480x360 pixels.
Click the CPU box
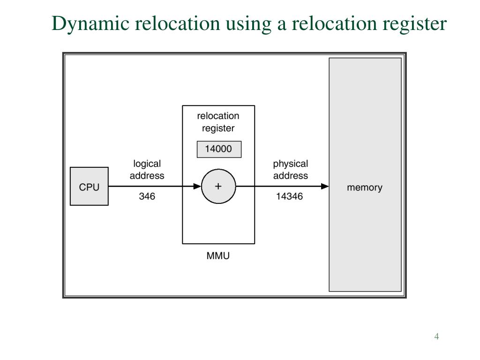tap(89, 187)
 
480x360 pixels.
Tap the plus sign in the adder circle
tap(218, 186)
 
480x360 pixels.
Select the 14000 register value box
tap(218, 150)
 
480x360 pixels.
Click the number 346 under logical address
tap(147, 196)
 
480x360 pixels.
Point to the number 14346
tap(289, 196)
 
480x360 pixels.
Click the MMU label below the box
tap(218, 256)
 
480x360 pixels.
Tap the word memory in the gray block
tap(364, 187)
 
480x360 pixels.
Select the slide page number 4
tap(436, 337)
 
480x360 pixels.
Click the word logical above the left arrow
tap(147, 164)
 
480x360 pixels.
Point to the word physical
tap(291, 164)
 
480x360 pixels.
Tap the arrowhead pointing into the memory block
tap(325, 187)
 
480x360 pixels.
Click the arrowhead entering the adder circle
tap(197, 187)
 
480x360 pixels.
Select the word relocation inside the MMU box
tap(218, 116)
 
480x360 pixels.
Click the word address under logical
tap(147, 176)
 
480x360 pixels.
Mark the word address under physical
tap(291, 176)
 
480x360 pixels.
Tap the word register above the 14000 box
tap(218, 128)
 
